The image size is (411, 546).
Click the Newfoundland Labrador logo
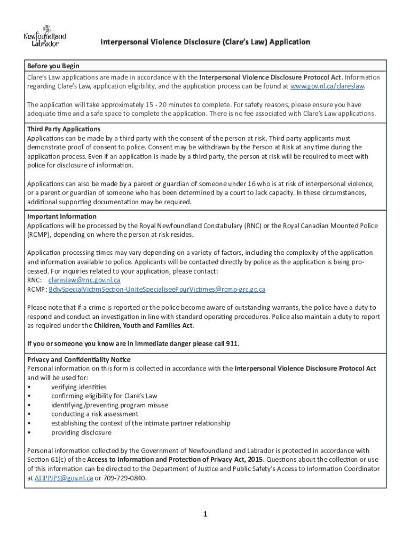click(x=45, y=36)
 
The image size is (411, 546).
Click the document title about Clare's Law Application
click(x=205, y=42)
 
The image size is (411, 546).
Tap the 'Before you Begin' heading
click(x=53, y=66)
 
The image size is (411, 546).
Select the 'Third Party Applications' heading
click(x=64, y=129)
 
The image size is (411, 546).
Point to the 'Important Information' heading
click(x=62, y=216)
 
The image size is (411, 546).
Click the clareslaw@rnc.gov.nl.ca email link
click(x=84, y=280)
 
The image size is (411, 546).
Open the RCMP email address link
click(x=157, y=290)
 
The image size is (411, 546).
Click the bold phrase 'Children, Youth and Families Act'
click(x=143, y=325)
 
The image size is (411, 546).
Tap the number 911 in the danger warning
click(x=232, y=343)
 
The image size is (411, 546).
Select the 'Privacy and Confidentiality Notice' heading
click(x=78, y=359)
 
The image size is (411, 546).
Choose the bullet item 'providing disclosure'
click(x=81, y=432)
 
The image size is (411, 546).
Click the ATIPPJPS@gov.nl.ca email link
click(x=64, y=478)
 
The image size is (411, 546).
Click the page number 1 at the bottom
click(x=204, y=515)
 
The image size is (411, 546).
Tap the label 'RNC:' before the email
click(x=34, y=280)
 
